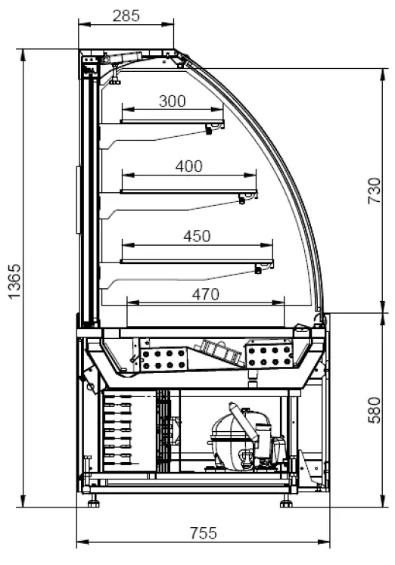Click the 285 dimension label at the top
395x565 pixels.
click(126, 16)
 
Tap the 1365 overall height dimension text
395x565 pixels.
click(15, 281)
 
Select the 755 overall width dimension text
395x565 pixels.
click(204, 533)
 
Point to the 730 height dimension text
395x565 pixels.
click(375, 191)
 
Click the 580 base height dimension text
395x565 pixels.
click(375, 410)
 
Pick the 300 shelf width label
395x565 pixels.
click(173, 101)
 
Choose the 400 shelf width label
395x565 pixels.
click(189, 166)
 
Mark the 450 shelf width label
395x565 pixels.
click(197, 237)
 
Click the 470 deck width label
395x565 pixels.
click(205, 295)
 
